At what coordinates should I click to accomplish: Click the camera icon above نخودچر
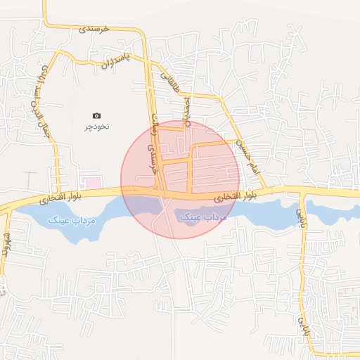[x=97, y=115]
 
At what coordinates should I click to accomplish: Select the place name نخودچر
[x=97, y=127]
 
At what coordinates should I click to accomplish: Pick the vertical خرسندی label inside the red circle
[x=148, y=160]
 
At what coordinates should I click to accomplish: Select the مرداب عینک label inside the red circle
[x=204, y=217]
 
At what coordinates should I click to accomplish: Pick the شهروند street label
[x=6, y=242]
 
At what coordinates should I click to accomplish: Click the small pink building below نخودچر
[x=89, y=183]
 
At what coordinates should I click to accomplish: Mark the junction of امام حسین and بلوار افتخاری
[x=269, y=190]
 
